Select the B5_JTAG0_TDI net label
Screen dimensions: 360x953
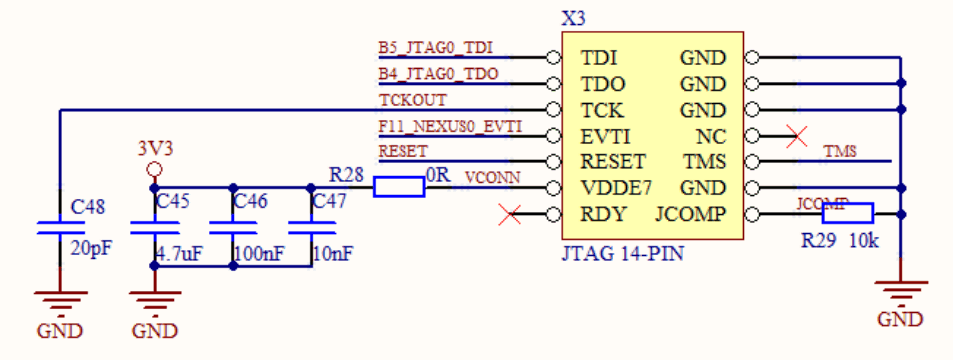click(x=436, y=48)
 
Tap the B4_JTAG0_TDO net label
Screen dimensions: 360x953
click(x=438, y=74)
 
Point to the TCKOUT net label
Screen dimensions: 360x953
click(x=413, y=100)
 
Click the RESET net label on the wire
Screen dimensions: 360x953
click(x=403, y=151)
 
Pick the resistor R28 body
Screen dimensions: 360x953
click(x=398, y=187)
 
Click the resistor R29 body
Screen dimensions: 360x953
click(x=847, y=213)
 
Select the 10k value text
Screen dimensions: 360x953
click(x=864, y=241)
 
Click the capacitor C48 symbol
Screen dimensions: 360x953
click(x=60, y=227)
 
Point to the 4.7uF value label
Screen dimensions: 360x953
click(x=179, y=254)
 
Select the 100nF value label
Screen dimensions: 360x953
click(x=258, y=254)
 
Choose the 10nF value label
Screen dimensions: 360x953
click(x=332, y=254)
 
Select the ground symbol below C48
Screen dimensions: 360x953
click(x=60, y=301)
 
